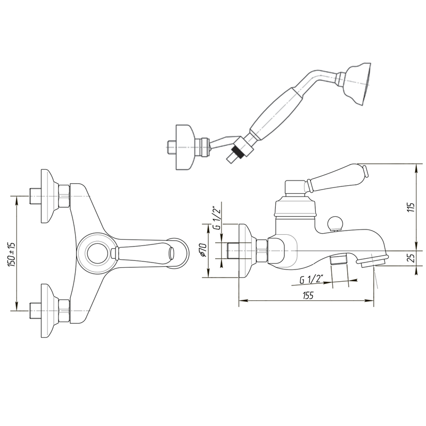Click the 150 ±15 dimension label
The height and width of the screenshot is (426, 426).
coord(12,255)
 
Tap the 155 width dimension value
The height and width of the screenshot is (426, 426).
coord(308,295)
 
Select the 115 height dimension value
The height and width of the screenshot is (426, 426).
coord(412,207)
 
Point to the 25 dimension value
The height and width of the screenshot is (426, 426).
coord(412,258)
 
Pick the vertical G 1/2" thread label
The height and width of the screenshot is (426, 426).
coord(217,218)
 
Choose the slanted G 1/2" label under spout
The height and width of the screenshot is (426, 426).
coord(312,279)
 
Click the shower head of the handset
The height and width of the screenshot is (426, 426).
coord(357,84)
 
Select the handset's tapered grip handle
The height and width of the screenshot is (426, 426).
coord(276,113)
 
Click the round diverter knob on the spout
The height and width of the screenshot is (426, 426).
coord(335,223)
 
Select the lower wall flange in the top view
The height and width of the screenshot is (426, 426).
coord(50,310)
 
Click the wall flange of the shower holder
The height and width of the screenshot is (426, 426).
coord(185,148)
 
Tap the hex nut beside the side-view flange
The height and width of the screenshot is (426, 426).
coord(262,251)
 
